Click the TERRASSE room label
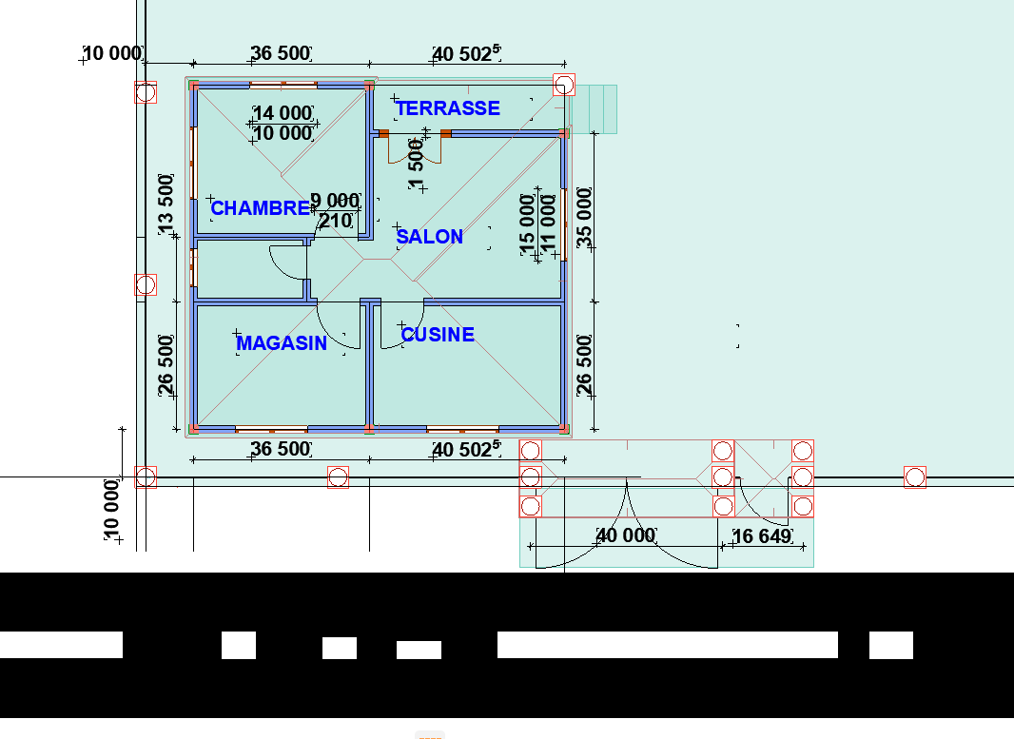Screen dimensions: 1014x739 447,108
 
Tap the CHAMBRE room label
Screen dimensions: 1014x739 260,208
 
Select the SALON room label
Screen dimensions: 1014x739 429,237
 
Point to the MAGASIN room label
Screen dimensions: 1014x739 282,342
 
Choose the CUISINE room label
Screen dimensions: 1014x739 438,334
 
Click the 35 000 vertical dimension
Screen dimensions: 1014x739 584,217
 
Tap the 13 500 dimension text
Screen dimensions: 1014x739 166,204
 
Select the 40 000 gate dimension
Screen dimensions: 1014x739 625,535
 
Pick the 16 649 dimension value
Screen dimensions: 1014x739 762,536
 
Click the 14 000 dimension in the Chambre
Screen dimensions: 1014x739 283,113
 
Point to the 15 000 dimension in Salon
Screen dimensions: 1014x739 527,224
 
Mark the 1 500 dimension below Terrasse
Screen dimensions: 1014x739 416,164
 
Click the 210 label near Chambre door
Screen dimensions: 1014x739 337,221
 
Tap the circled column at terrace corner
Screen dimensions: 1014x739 564,85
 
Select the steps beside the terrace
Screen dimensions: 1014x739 593,109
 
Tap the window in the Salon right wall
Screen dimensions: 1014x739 565,224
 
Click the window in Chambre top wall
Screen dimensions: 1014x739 283,85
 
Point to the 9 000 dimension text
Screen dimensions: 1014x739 335,201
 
